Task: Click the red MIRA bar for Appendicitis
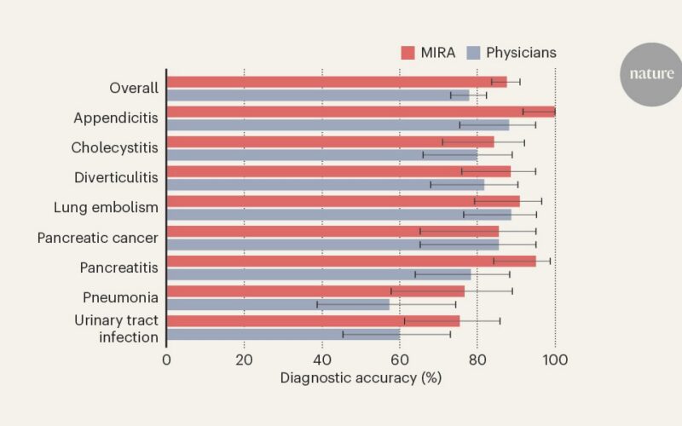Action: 361,112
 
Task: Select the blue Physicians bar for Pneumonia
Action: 279,304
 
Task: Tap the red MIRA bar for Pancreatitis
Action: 351,262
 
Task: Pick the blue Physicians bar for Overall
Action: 318,95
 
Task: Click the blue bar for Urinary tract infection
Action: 284,334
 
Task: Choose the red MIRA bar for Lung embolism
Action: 344,201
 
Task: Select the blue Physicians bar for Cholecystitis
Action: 322,155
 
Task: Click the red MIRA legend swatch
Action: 408,53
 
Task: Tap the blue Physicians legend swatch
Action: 473,53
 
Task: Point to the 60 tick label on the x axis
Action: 400,360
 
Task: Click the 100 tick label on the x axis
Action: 556,360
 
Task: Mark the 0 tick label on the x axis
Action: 166,360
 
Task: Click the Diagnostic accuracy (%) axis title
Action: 361,377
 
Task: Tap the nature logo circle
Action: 651,74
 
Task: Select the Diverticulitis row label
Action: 116,177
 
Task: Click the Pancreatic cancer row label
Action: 98,238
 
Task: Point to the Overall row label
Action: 134,88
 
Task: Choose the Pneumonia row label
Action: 120,297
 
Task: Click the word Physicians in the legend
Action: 521,53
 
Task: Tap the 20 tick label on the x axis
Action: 244,360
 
